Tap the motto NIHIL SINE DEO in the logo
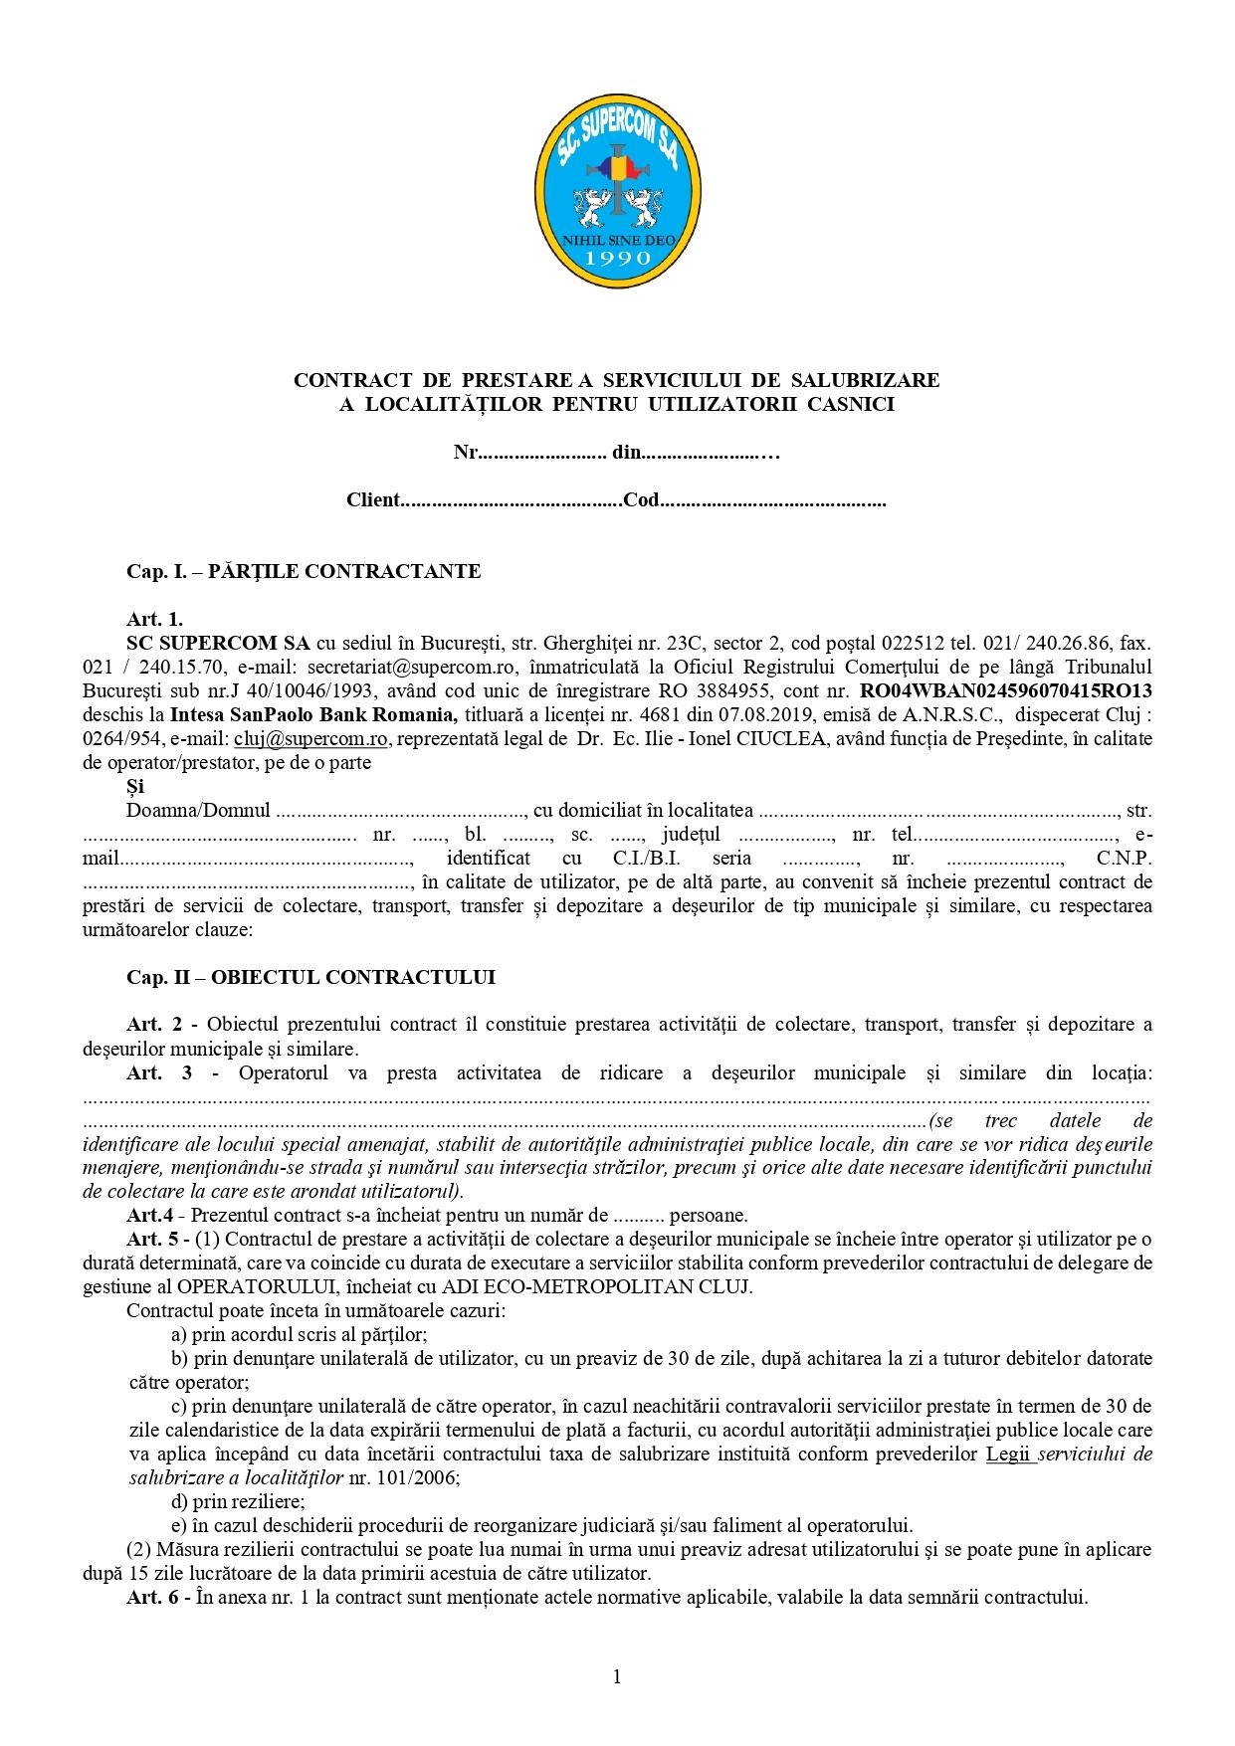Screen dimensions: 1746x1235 pos(617,240)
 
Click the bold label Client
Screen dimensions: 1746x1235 pos(373,500)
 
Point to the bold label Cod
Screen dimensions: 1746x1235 pos(642,500)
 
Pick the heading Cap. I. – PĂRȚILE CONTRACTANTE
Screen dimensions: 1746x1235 pos(304,571)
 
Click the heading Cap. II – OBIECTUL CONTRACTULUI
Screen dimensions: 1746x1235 pos(310,977)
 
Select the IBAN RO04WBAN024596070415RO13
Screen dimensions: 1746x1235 pos(1006,689)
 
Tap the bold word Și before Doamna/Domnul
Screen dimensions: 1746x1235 pos(135,786)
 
